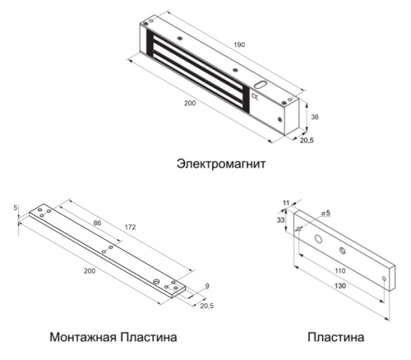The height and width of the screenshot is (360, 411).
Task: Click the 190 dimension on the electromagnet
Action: click(239, 44)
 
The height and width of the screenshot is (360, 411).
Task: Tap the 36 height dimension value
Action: click(315, 117)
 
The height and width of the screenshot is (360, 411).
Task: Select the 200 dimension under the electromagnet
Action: click(190, 103)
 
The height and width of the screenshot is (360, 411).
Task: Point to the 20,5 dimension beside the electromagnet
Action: click(307, 141)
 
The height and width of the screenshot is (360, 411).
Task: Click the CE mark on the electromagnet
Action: click(255, 96)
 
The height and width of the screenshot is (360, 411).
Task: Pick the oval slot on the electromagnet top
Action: click(261, 84)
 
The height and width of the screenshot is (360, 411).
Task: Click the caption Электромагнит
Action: click(221, 164)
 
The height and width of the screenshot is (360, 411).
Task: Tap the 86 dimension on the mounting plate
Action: click(97, 223)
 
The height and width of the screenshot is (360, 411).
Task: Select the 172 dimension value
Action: click(130, 227)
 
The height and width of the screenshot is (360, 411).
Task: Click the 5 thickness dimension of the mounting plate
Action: click(16, 208)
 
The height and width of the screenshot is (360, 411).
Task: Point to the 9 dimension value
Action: click(207, 286)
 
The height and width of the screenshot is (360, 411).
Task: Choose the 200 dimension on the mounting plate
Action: click(90, 271)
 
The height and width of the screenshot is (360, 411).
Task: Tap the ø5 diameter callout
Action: click(326, 213)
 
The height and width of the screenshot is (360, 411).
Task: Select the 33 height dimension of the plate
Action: click(280, 220)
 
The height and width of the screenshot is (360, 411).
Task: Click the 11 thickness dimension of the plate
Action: click(286, 203)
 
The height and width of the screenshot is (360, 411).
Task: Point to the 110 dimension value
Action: click(340, 270)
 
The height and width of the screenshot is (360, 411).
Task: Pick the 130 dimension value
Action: click(340, 286)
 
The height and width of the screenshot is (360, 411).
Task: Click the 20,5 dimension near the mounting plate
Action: click(207, 306)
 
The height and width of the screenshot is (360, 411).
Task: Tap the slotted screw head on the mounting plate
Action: click(157, 281)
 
